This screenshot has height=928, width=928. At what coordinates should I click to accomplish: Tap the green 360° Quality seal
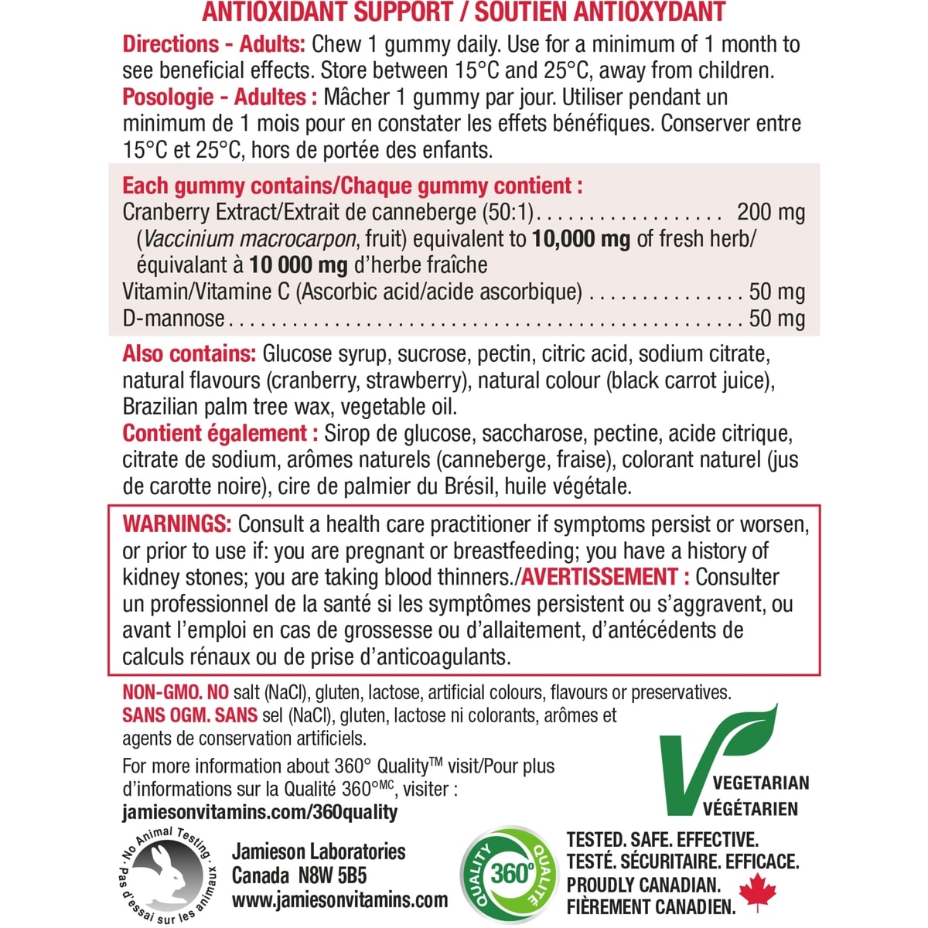510,874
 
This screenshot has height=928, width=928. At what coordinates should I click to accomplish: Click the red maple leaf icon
757,894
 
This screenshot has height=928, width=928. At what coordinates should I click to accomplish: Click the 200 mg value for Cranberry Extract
770,212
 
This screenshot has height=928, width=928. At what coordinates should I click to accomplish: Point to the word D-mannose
173,318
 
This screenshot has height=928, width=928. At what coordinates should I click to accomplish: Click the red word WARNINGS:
176,524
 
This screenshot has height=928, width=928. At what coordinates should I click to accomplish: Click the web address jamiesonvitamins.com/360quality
260,812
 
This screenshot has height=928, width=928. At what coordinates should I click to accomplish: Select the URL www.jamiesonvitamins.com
339,899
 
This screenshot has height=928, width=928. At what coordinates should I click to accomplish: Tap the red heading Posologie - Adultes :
220,97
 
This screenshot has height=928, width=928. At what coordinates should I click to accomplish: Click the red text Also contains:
189,354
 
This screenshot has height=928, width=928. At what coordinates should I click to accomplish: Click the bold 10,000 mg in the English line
581,238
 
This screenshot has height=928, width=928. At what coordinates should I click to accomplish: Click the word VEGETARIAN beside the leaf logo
761,782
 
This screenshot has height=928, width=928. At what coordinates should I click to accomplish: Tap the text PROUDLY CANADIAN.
643,884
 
